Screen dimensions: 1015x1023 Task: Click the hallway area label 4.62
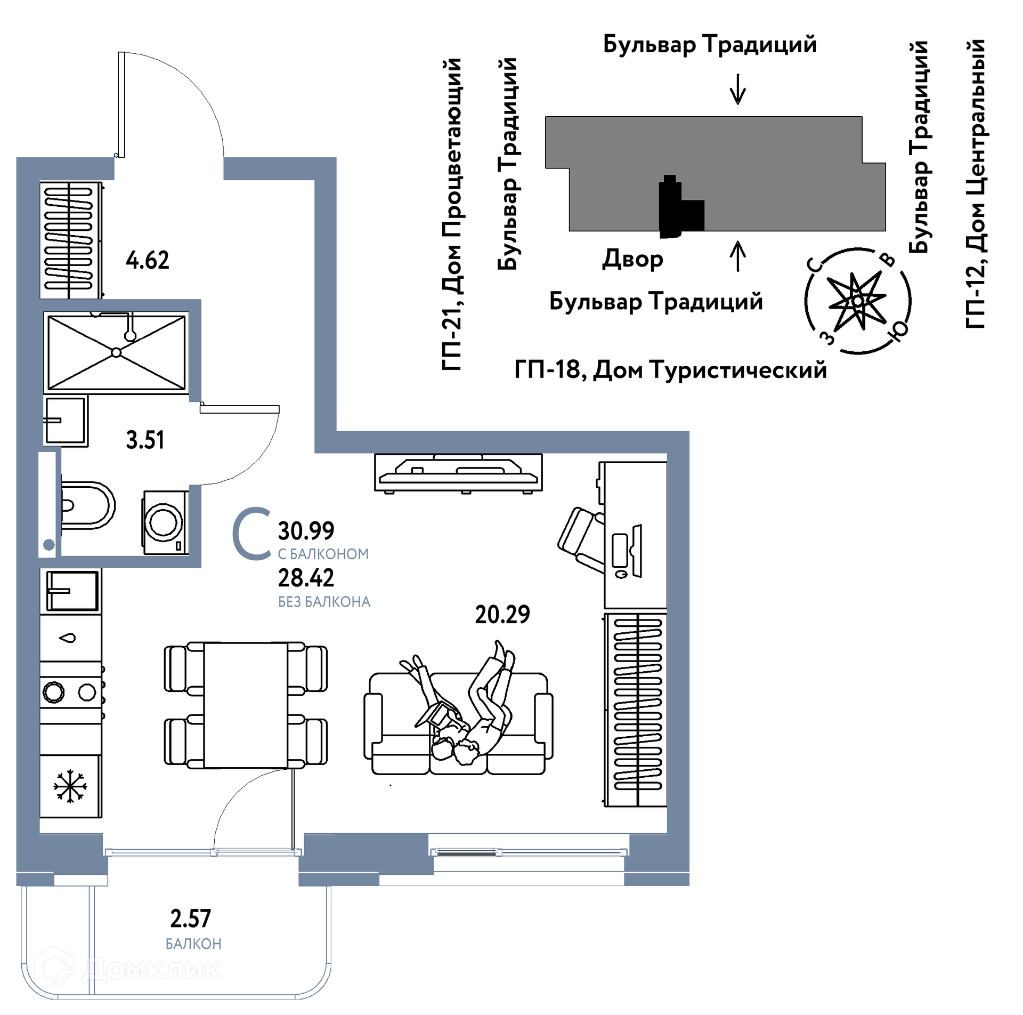point(147,260)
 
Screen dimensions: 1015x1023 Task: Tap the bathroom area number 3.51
point(145,440)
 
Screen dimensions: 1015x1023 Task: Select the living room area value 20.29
point(502,615)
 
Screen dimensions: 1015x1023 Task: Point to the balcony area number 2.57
point(190,919)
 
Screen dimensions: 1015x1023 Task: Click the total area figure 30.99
point(306,531)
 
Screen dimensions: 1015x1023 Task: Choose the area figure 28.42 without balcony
point(306,578)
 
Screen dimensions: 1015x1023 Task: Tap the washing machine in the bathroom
point(165,522)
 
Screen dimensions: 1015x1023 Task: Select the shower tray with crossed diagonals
point(116,352)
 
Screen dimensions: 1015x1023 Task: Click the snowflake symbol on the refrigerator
point(70,786)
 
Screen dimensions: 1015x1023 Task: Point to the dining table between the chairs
point(245,705)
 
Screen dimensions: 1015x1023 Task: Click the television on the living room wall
point(458,472)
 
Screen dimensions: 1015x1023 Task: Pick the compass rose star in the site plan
point(856,301)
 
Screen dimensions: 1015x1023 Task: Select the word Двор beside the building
point(632,260)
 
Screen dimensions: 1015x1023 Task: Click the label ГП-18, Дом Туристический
point(670,369)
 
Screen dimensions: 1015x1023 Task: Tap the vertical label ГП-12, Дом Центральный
point(976,184)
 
